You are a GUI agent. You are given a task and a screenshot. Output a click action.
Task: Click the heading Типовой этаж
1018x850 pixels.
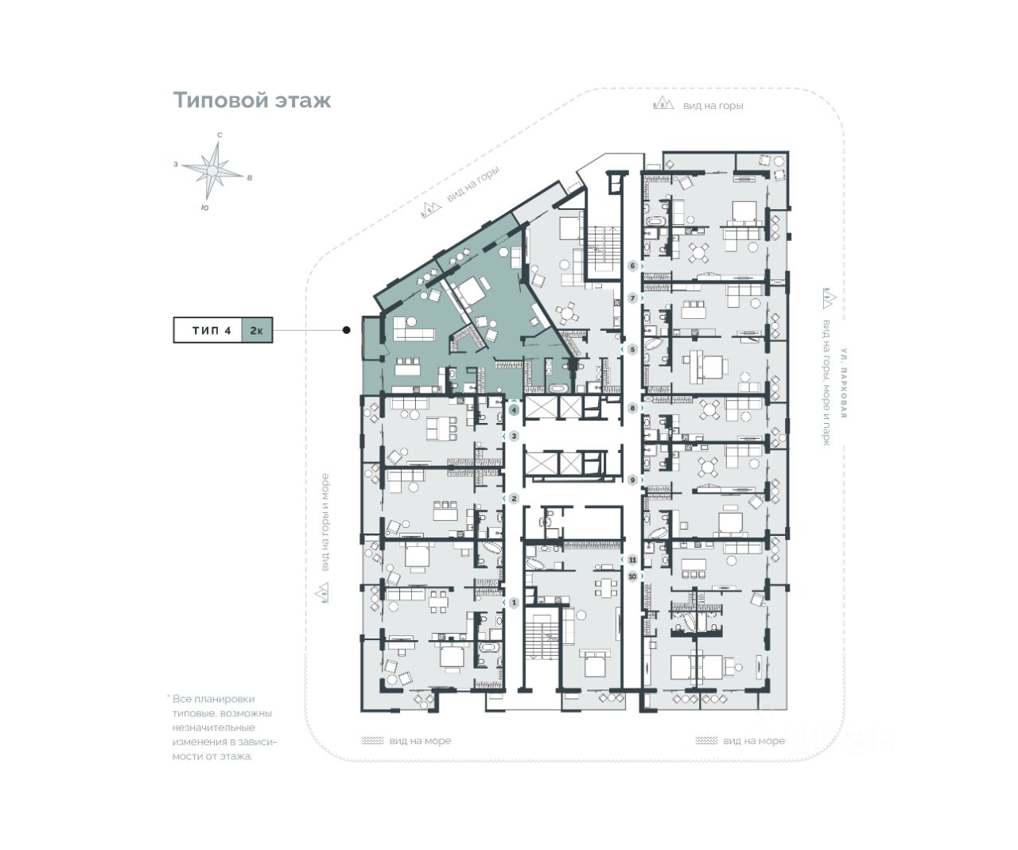[x=252, y=101]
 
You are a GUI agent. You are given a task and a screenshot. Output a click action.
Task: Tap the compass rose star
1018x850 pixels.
[x=214, y=169]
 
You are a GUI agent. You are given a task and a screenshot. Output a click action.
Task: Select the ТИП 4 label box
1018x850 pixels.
[x=212, y=330]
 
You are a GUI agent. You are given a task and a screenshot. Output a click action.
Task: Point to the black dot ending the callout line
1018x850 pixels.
[x=346, y=330]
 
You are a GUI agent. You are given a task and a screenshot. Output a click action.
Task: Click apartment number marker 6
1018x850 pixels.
[x=633, y=266]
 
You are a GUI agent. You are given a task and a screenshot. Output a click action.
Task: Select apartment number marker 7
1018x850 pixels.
[x=633, y=298]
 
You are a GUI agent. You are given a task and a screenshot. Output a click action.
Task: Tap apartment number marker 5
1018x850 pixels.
[x=633, y=349]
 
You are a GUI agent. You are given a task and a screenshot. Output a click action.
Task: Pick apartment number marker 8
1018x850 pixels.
[x=633, y=409]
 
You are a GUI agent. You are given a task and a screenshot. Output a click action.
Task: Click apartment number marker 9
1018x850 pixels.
[x=633, y=480]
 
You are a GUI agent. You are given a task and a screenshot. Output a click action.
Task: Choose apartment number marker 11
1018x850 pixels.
[x=633, y=560]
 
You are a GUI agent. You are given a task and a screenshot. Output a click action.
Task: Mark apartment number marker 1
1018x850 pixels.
[x=515, y=603]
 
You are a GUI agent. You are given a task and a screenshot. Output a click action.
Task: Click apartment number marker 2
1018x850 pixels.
[x=515, y=499]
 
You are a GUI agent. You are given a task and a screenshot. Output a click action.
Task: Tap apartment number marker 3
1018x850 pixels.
[x=515, y=436]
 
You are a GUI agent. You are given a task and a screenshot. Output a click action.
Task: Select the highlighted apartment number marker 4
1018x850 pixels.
[x=515, y=410]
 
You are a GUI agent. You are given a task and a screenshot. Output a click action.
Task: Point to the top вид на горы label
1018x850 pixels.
[x=713, y=105]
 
